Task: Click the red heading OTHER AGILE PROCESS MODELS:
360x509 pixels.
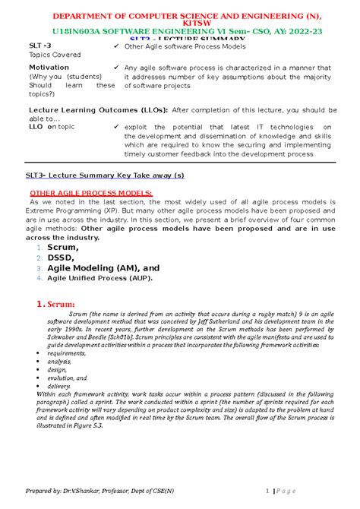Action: point(90,192)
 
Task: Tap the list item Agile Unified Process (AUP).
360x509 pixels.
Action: point(99,278)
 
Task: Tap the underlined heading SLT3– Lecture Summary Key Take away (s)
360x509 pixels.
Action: point(105,174)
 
